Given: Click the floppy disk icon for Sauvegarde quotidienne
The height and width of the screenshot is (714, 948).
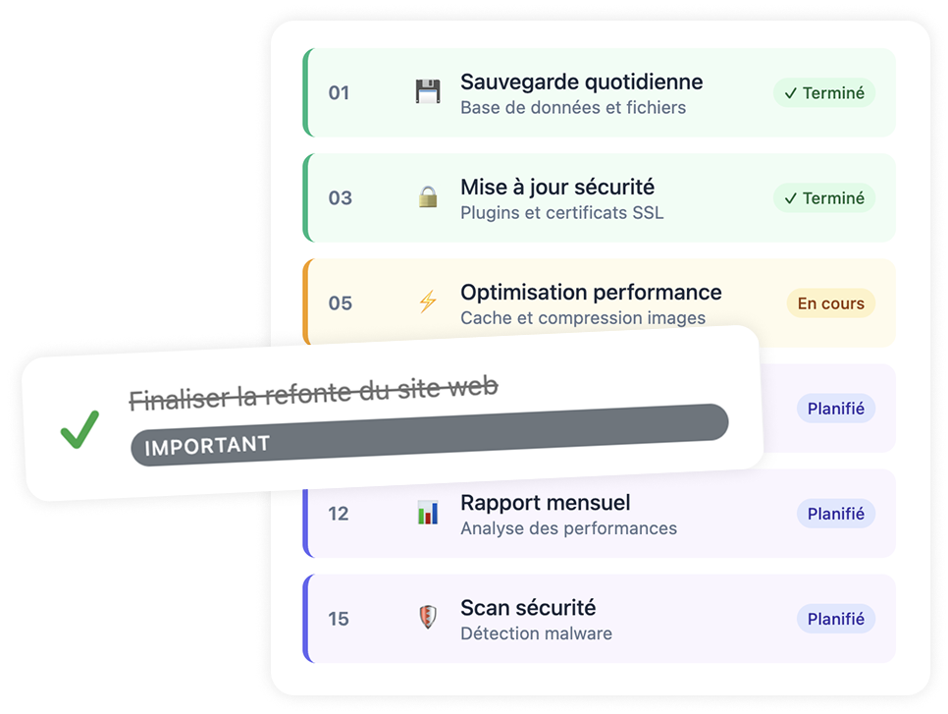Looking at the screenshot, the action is (428, 91).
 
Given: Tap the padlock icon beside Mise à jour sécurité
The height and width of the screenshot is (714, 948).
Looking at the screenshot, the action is (428, 196).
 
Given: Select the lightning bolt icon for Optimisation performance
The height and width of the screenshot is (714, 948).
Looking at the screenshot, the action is (428, 302).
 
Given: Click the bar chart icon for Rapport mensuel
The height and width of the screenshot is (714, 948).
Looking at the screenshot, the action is (428, 513).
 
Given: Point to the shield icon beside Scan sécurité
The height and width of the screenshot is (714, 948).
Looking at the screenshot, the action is (428, 617).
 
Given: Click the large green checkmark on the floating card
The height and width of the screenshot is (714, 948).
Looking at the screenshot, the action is (79, 429).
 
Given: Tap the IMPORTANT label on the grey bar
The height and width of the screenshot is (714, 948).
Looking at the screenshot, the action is (207, 445).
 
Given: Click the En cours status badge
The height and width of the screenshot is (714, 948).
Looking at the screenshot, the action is (830, 303).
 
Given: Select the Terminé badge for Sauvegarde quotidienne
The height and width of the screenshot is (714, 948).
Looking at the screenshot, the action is (824, 92).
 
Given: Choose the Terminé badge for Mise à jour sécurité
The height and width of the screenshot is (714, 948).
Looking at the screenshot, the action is (824, 197).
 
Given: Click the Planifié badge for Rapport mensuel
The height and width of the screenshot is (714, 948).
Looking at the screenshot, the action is (835, 514).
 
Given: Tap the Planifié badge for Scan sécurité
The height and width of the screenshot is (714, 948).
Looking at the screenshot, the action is (835, 619).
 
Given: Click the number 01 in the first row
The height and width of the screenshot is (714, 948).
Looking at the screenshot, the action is (339, 92).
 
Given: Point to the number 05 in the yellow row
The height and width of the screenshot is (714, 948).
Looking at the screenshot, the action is (340, 303).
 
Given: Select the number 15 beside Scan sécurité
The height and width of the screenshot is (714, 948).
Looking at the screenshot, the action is (339, 619).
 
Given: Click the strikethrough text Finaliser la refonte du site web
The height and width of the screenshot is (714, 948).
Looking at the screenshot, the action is (314, 393).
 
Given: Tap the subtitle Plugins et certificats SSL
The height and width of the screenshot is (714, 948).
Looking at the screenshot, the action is (561, 213).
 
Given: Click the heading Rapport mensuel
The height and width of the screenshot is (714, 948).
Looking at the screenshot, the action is (546, 503).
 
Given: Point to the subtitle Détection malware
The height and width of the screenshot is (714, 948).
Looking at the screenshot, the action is (536, 633).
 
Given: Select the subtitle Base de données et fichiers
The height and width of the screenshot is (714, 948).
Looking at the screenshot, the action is (573, 108).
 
